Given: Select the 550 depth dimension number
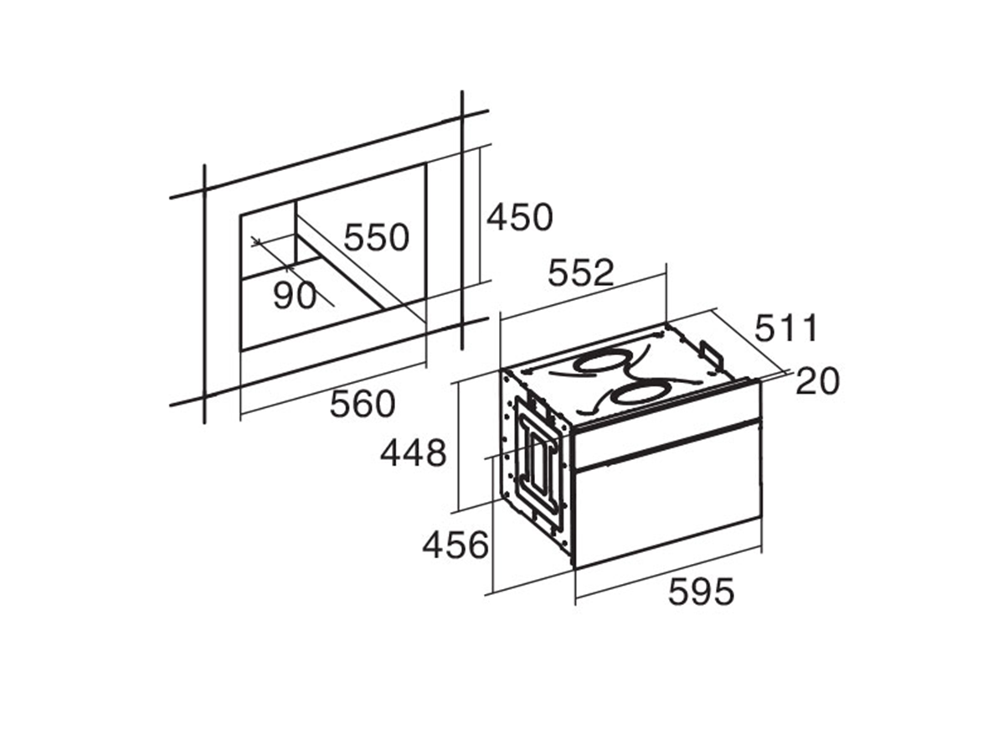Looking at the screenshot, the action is point(376,238).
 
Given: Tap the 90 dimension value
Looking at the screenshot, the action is point(294,294).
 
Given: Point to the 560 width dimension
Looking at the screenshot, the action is point(363,404).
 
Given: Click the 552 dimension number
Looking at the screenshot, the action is point(580,272).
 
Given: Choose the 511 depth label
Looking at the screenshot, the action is point(785,328).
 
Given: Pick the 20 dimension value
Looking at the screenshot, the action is point(818,381).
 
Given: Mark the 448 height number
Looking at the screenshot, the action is point(413,452).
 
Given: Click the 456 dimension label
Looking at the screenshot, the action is point(455,545).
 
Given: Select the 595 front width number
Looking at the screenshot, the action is point(702,592).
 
